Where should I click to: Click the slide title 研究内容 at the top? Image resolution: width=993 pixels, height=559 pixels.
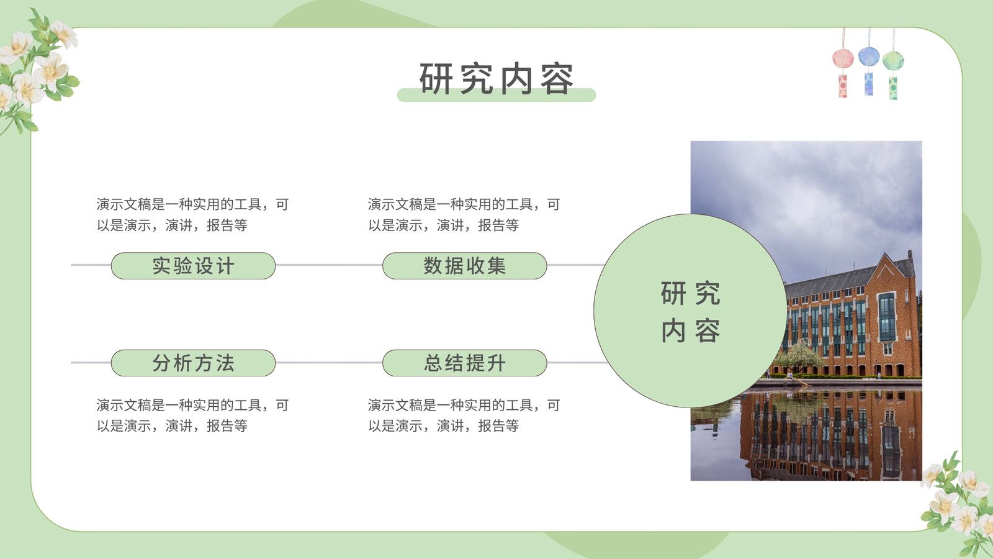(496, 79)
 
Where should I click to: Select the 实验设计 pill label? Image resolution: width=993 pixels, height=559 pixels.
(193, 266)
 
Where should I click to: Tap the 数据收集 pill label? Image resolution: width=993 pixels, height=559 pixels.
(465, 266)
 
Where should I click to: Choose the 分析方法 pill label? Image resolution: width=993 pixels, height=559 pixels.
(193, 363)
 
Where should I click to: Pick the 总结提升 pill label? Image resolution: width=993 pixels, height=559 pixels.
(465, 363)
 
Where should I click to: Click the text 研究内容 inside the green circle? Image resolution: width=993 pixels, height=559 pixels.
(690, 311)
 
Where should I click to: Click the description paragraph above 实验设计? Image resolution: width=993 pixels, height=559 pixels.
(193, 215)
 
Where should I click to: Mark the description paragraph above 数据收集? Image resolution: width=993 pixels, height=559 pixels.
(464, 215)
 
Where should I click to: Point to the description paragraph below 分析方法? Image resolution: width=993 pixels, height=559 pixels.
(193, 416)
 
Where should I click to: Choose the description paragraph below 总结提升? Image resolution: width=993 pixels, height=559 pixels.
(464, 416)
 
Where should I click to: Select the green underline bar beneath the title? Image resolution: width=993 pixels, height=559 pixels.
(496, 95)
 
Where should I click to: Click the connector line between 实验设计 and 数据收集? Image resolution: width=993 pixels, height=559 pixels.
(329, 265)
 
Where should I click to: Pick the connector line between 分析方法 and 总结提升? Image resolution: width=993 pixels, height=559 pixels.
(329, 363)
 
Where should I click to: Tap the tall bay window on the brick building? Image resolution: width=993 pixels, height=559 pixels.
(887, 317)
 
